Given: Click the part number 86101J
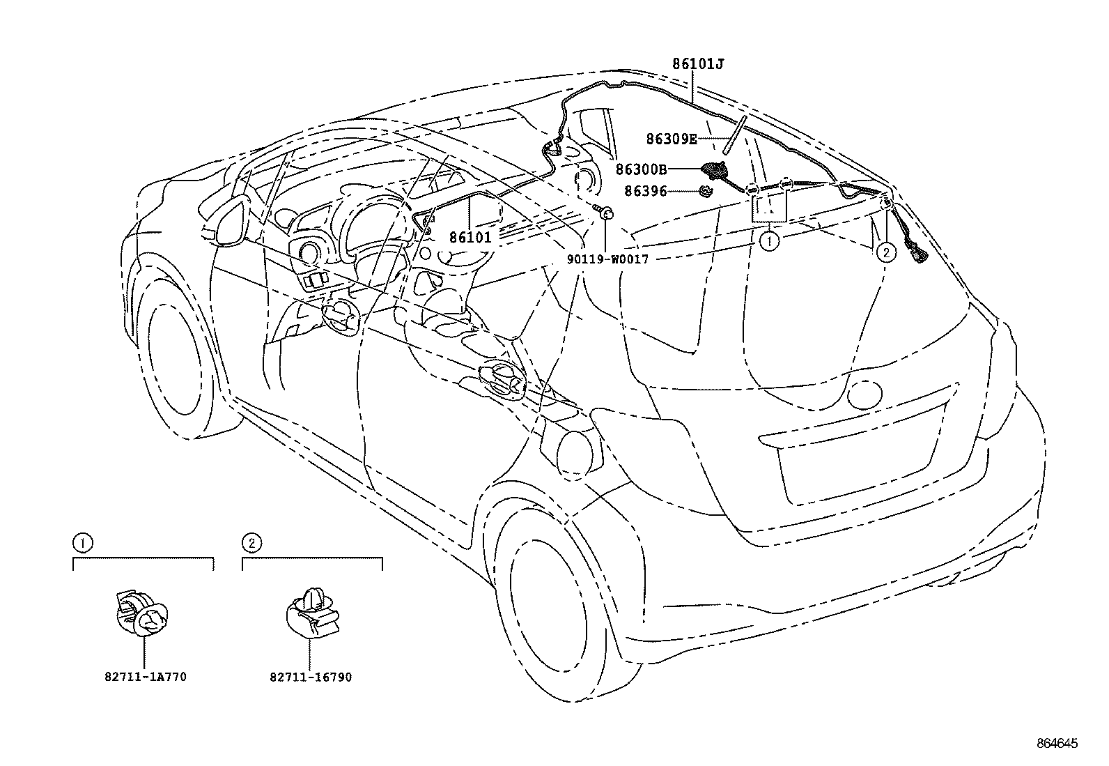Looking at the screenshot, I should [699, 64].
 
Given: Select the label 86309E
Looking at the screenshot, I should [671, 139].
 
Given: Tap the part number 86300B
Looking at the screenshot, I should [641, 169].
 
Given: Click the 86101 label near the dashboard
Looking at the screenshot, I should [470, 238].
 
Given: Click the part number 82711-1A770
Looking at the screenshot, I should [145, 677].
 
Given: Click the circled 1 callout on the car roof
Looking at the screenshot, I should [768, 242].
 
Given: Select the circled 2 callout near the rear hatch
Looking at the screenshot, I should [885, 252].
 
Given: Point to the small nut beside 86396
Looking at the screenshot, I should [706, 190].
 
